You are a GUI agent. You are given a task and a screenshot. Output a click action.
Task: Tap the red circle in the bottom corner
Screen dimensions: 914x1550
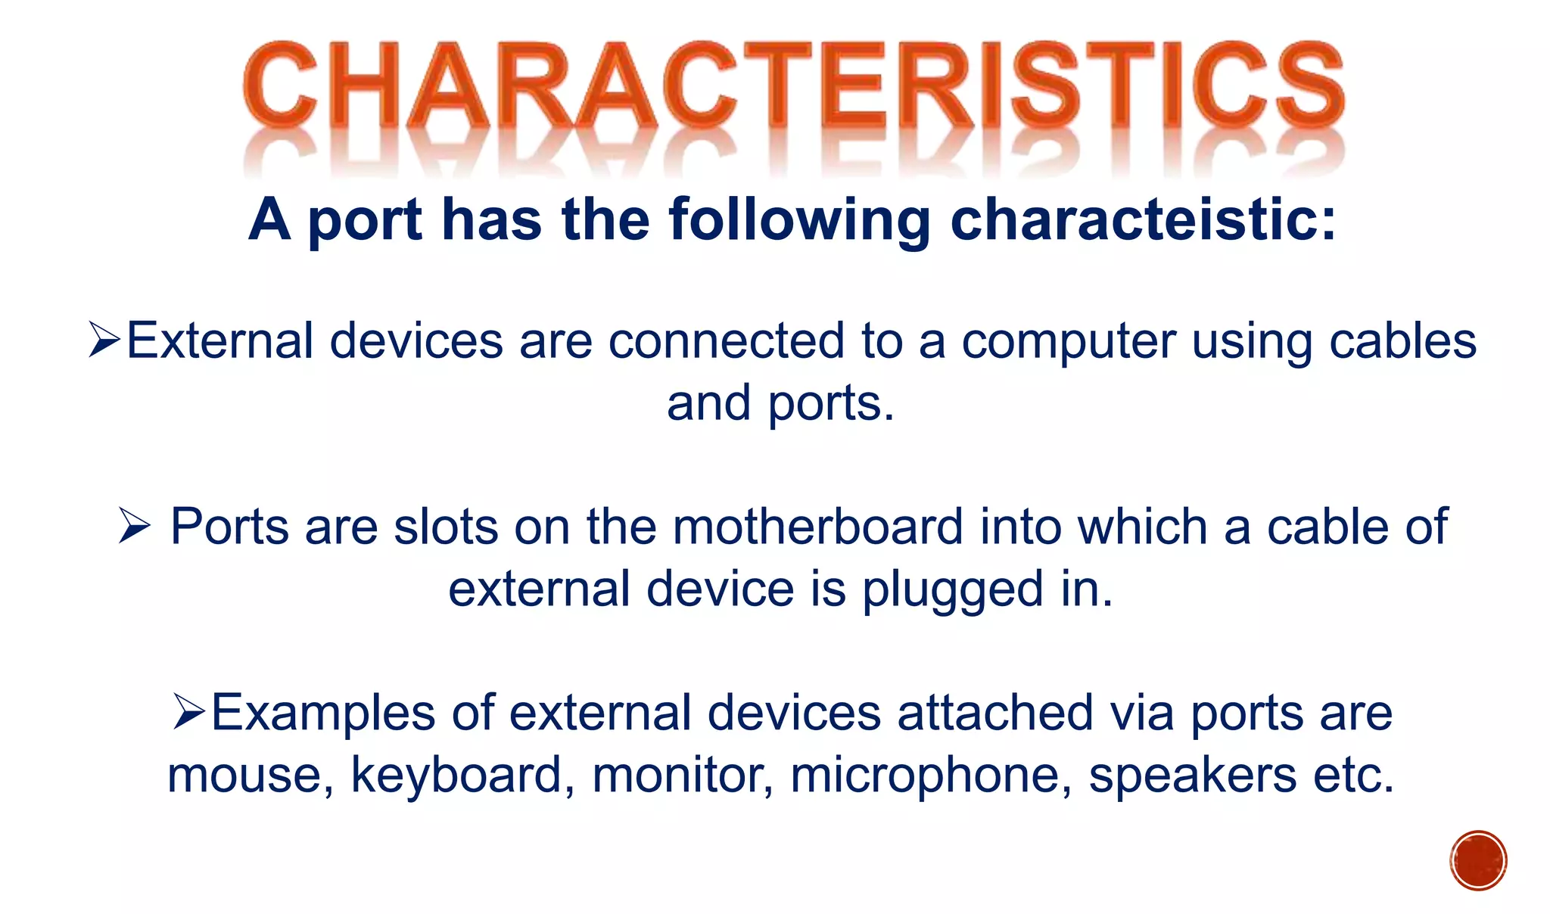point(1478,860)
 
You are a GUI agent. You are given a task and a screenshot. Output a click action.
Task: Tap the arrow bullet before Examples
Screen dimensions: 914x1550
point(188,712)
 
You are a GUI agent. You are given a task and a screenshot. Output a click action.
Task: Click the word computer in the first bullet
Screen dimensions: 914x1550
point(1068,342)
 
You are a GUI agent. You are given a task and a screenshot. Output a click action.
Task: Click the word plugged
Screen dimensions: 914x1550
point(953,590)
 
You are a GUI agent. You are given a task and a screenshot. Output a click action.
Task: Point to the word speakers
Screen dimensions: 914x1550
point(1192,776)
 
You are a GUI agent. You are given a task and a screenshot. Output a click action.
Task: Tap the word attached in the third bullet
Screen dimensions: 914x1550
point(995,713)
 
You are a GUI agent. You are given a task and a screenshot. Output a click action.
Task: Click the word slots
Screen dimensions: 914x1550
point(446,527)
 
